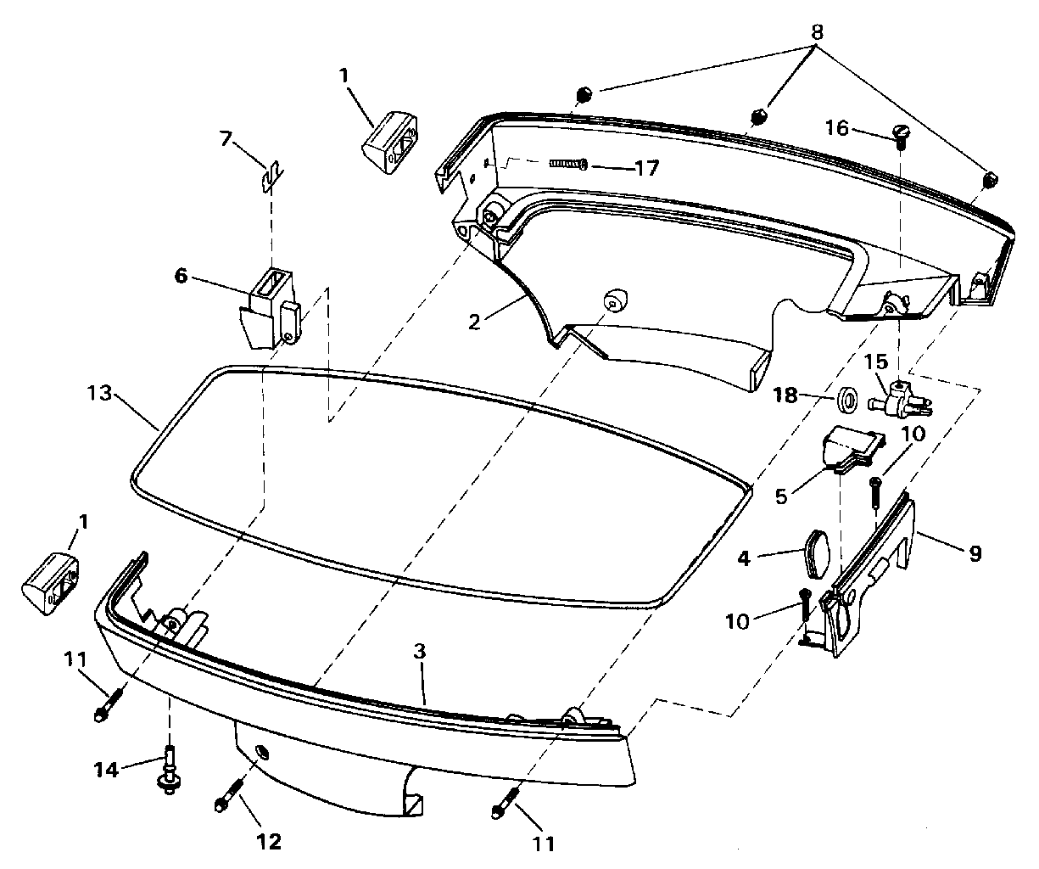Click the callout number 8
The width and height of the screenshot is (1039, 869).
[817, 32]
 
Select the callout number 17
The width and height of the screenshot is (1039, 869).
[646, 168]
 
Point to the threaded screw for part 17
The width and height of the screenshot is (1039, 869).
[568, 163]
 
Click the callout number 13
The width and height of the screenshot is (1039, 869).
[99, 394]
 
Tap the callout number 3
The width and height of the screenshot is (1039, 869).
[420, 652]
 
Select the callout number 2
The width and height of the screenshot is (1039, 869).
[474, 322]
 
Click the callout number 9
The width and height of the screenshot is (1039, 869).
[975, 553]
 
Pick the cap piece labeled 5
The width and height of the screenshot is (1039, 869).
[854, 446]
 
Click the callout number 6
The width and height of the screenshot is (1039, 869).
[181, 275]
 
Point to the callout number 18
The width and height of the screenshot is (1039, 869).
[785, 395]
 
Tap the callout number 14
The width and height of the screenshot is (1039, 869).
[106, 770]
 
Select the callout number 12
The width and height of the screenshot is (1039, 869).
[269, 842]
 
